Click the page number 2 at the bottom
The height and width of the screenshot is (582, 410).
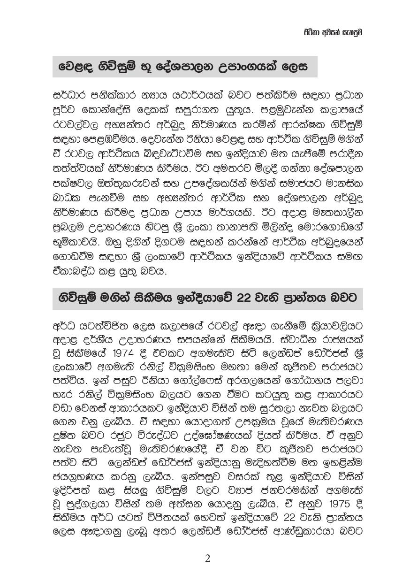pyautogui.click(x=207, y=559)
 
